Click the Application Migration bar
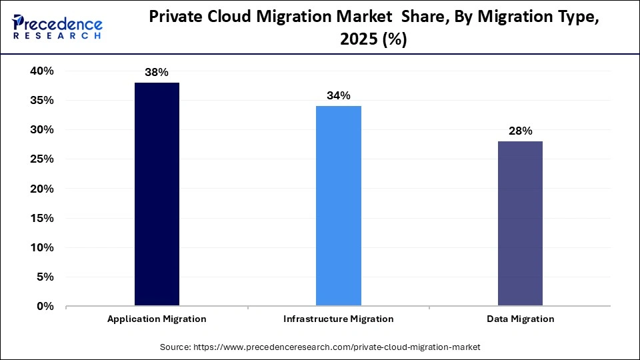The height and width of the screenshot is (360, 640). [157, 194]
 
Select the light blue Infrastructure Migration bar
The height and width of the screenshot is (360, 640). [339, 206]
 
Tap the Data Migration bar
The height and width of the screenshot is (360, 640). [520, 223]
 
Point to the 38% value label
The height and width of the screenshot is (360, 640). [157, 72]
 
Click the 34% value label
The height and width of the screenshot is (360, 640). [339, 95]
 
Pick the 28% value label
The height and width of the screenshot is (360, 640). [520, 131]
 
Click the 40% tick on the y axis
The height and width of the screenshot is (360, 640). [42, 71]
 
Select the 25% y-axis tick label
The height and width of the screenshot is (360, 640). [42, 159]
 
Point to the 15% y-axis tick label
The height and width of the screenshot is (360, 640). [42, 218]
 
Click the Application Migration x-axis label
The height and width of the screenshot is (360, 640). [157, 319]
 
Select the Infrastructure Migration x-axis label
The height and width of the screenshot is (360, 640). [339, 319]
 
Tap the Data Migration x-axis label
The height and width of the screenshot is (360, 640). [520, 319]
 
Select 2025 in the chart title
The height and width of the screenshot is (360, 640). [357, 40]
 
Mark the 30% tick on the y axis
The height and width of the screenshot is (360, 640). [42, 130]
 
